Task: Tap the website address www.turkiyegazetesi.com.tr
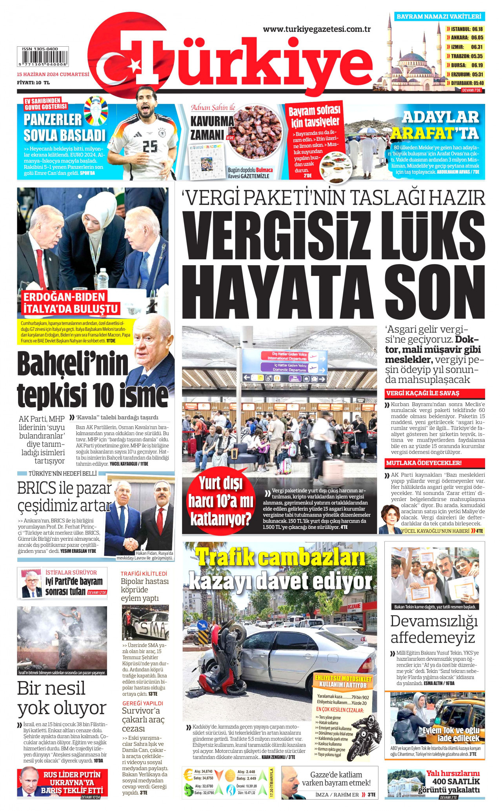tap(316, 29)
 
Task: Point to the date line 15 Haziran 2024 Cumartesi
tap(53, 75)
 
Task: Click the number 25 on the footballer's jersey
tap(150, 146)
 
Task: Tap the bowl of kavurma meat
tap(255, 131)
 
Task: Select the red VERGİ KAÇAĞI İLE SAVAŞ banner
tap(435, 393)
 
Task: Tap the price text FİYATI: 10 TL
tap(33, 83)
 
